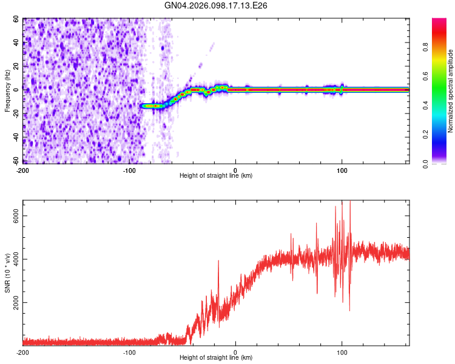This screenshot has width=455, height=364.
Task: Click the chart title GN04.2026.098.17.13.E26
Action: click(216, 5)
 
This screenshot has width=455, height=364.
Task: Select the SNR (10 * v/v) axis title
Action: click(8, 273)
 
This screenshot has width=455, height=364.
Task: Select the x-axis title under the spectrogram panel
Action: click(216, 176)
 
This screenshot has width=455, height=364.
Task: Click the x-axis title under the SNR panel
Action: click(216, 358)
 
